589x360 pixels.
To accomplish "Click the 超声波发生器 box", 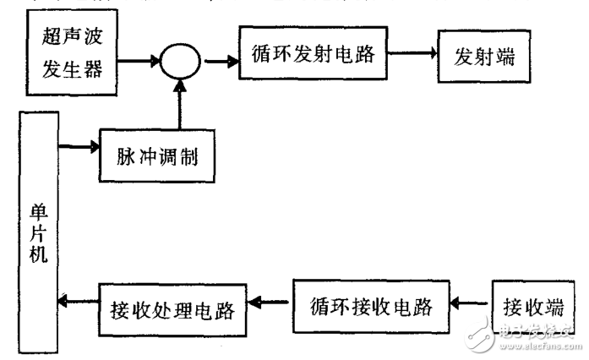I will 72,53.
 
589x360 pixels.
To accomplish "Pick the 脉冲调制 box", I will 156,155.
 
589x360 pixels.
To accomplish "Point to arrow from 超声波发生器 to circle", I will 139,61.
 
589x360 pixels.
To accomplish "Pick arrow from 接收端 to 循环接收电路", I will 468,303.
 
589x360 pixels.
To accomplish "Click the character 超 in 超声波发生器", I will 52,40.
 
